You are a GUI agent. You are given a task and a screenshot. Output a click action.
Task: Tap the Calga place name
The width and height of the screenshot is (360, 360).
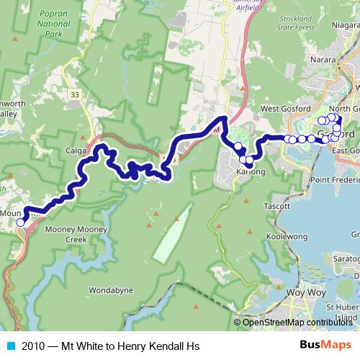[79, 151]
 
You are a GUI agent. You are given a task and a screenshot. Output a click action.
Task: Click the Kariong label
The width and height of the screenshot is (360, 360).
[251, 172]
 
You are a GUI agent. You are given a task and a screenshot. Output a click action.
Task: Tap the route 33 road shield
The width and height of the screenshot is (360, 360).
[75, 94]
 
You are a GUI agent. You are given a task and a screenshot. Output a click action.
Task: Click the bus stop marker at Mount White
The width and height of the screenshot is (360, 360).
[20, 222]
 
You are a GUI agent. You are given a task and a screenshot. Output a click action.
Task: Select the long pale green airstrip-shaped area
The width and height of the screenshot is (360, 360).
[173, 233]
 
